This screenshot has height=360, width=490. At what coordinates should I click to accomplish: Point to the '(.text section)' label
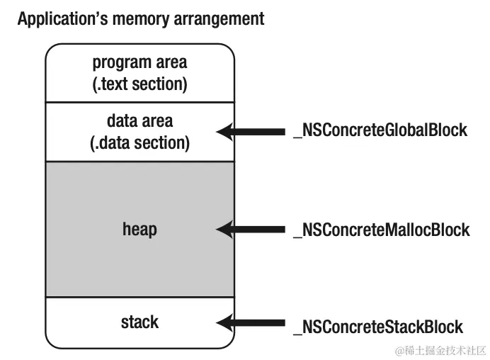tap(139, 84)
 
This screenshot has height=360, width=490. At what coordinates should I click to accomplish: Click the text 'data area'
tap(139, 121)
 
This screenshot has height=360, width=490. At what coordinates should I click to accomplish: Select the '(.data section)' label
tap(139, 142)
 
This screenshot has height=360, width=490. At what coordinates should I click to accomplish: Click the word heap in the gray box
tap(139, 229)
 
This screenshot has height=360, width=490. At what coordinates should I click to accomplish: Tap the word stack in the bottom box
tap(139, 322)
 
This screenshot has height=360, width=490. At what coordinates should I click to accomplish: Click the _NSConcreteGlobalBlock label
tap(380, 130)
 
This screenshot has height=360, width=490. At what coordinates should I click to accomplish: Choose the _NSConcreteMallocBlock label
tap(381, 230)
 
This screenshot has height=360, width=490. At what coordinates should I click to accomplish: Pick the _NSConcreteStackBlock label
tap(378, 327)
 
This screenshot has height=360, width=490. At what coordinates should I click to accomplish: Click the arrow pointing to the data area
tap(251, 131)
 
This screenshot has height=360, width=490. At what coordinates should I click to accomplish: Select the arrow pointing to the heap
tap(251, 230)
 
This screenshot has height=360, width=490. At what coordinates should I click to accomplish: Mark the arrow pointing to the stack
tap(251, 324)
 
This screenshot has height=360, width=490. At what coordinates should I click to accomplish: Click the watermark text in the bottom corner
tap(439, 350)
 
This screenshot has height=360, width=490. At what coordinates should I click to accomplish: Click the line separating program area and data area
tap(139, 102)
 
